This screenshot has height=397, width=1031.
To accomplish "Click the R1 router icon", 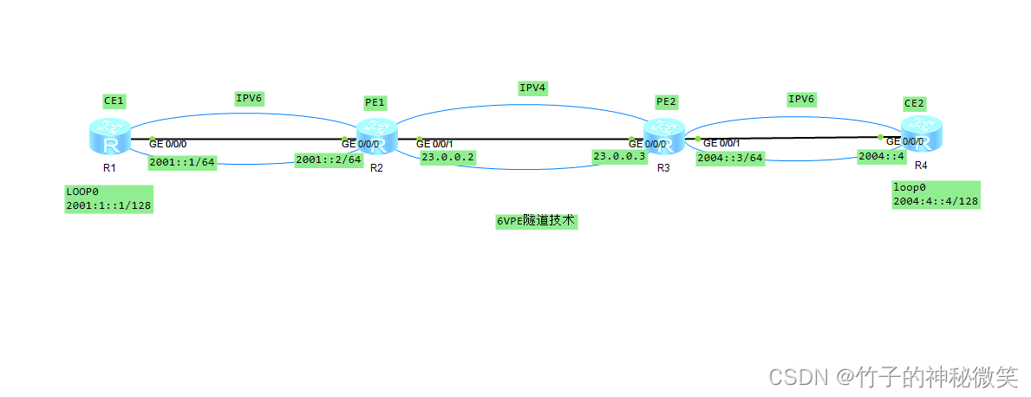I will (110, 137).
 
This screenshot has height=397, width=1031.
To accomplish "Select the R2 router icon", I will (377, 137).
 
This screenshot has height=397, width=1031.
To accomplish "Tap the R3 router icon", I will (664, 138).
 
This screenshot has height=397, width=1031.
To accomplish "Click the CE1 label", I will (114, 101).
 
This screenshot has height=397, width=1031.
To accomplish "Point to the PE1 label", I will (375, 102).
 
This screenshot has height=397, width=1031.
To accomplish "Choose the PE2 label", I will (665, 102).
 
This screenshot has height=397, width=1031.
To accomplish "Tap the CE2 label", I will (914, 103).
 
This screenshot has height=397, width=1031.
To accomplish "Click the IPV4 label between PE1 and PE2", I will (532, 88).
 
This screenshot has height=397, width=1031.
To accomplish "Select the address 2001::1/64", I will (181, 162).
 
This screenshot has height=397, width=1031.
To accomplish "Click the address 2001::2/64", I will (328, 159).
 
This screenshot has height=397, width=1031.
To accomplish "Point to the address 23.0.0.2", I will (447, 158).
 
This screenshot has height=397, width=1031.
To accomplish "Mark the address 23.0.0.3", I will (619, 156).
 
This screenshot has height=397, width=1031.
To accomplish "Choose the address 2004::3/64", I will (730, 158).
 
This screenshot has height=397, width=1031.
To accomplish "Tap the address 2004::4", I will (881, 157).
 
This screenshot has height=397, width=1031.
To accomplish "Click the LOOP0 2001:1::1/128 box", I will (109, 198).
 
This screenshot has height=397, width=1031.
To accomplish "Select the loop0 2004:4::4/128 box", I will (936, 194).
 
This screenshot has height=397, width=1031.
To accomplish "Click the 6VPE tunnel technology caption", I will (536, 221).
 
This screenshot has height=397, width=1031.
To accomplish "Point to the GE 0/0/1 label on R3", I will (721, 143).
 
